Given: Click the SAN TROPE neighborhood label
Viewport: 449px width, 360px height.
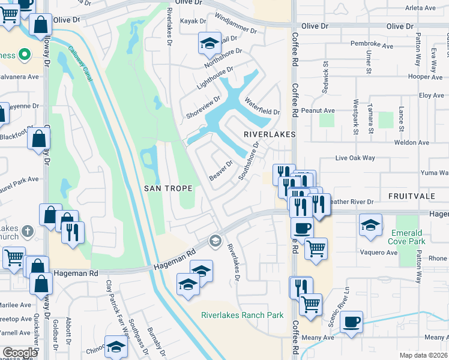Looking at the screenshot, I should pos(169,188).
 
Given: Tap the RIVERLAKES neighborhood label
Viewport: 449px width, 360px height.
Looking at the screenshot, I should pos(270,135).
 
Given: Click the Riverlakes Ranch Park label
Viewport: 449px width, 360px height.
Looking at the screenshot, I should pos(242,315).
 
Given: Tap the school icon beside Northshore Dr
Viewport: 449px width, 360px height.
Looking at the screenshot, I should pos(209,43).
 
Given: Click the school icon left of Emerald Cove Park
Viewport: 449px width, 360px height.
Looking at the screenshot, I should pos(370,225).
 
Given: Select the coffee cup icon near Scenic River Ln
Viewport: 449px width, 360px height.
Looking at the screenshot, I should pos(351,322).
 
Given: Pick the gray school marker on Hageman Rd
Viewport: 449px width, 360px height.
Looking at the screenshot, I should pos(215,241).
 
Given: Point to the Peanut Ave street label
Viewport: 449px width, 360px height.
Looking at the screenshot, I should pos(318,110).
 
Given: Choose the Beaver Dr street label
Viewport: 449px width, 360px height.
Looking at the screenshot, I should pos(220,172).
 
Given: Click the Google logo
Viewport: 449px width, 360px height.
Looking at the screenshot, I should pos(20,353).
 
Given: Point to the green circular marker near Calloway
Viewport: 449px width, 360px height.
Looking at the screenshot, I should pos(24,56).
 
